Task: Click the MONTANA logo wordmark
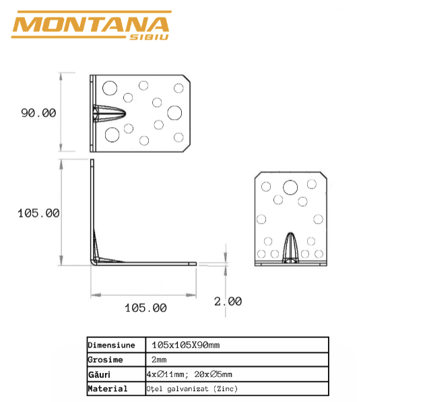pyautogui.click(x=91, y=25)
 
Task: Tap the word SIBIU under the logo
pyautogui.click(x=149, y=38)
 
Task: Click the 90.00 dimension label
pyautogui.click(x=38, y=113)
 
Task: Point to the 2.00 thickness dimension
pyautogui.click(x=228, y=302)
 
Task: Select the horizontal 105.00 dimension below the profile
pyautogui.click(x=145, y=308)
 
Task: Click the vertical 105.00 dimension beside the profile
pyautogui.click(x=38, y=213)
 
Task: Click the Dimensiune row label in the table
pyautogui.click(x=111, y=345)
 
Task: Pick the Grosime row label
pyautogui.click(x=105, y=360)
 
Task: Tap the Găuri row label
pyautogui.click(x=99, y=374)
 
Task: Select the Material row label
pyautogui.click(x=108, y=389)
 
